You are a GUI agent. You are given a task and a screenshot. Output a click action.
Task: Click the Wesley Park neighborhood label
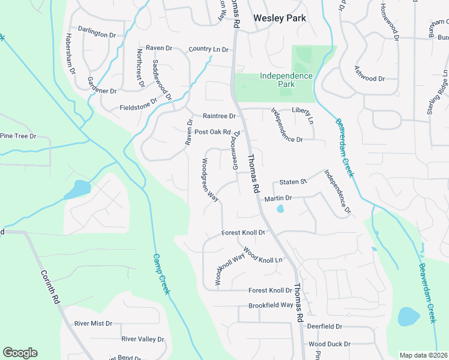[279, 18]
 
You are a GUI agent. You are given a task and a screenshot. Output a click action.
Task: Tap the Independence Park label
[286, 80]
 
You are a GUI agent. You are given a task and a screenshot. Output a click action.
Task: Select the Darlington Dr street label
[97, 35]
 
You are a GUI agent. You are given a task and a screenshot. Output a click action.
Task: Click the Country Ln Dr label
[208, 49]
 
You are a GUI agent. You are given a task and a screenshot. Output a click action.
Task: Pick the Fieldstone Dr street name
[137, 109]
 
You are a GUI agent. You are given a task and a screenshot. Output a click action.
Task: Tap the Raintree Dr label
[220, 116]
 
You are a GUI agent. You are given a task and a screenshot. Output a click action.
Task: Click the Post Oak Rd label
[212, 131]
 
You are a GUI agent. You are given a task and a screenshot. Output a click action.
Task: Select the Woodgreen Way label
[209, 180]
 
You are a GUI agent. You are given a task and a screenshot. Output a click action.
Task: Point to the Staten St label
[293, 181]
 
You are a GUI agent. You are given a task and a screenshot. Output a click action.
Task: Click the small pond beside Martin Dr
[280, 209]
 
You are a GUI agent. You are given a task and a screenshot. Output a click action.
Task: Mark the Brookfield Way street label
[271, 305]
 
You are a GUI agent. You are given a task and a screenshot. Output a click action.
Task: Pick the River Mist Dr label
[93, 323]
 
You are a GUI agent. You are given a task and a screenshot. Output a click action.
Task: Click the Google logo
[20, 353]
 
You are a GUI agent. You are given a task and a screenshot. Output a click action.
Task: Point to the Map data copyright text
[423, 355]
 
